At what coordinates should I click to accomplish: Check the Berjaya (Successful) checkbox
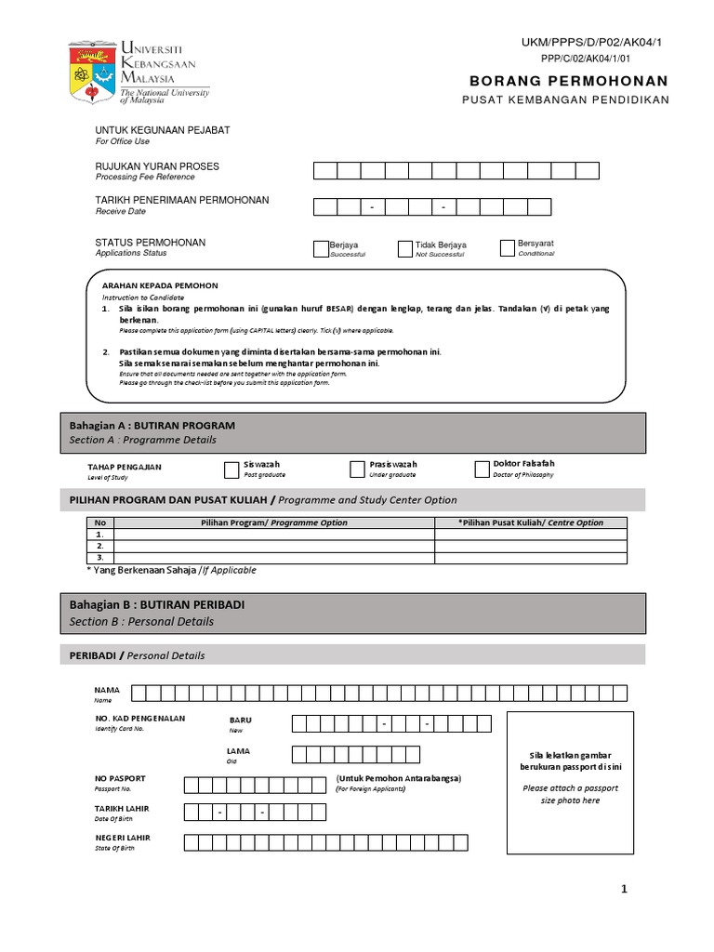pos(322,248)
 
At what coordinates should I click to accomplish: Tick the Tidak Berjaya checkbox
pos(404,248)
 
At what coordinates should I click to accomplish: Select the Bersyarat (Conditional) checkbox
pos(507,247)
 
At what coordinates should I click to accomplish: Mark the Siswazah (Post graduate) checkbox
pos(231,469)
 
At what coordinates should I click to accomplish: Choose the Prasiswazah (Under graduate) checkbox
pos(357,469)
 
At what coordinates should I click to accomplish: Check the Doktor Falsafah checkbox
pos(481,469)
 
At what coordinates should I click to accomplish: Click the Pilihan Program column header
pos(274,522)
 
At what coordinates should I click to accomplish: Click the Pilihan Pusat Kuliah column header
pos(531,522)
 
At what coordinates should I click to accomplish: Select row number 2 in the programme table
pos(100,547)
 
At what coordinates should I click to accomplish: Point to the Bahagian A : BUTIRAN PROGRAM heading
pos(152,425)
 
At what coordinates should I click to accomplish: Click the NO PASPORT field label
pos(120,778)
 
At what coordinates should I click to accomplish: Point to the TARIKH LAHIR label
pos(122,808)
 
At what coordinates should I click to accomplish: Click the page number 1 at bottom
pos(624,890)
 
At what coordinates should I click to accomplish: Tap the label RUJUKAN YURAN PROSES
pos(157,166)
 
